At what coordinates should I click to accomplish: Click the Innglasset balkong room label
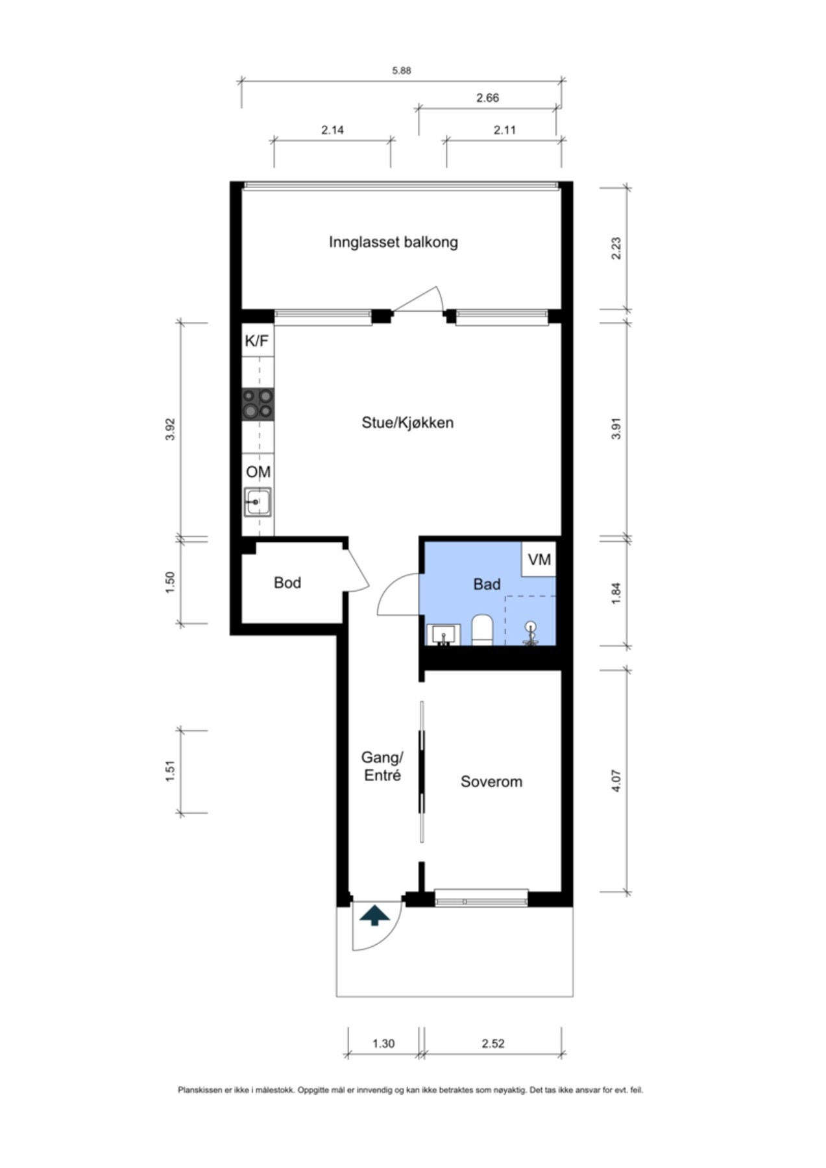(393, 243)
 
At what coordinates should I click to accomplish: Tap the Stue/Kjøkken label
(407, 423)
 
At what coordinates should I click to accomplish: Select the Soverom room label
(491, 782)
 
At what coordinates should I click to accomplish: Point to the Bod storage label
(287, 583)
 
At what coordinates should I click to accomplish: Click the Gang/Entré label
(382, 766)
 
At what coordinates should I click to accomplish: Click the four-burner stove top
(258, 404)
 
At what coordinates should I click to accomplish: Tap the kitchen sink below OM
(258, 502)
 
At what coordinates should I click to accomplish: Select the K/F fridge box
(258, 340)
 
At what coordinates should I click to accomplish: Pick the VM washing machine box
(539, 559)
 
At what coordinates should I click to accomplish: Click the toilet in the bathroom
(482, 630)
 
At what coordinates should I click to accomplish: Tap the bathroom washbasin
(444, 635)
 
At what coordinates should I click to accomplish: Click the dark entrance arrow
(375, 916)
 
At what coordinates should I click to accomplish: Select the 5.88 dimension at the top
(401, 71)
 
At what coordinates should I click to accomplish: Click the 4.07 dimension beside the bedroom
(616, 781)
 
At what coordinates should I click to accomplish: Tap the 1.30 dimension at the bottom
(383, 1043)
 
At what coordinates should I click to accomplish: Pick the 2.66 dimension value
(487, 98)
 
